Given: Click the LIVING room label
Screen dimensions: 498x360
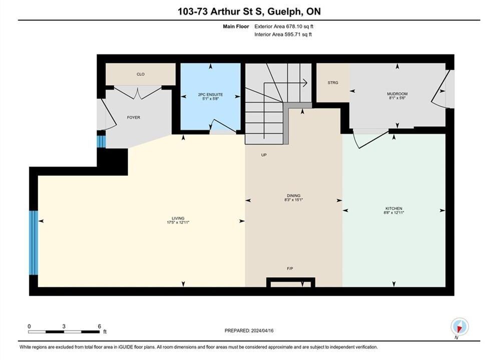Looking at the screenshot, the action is point(178,218).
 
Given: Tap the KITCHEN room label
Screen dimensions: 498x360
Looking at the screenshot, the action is point(394,208).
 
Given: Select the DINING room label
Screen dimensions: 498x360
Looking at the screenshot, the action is point(293,195).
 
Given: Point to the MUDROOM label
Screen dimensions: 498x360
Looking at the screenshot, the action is point(397,94).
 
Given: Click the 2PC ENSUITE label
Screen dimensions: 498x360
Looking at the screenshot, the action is point(210,94).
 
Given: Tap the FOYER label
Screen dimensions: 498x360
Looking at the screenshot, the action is point(134,117).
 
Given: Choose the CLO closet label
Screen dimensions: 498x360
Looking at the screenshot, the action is point(140,74).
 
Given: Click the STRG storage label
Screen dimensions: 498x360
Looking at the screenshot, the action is point(333,82).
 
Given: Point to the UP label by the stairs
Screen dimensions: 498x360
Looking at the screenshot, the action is point(264,155).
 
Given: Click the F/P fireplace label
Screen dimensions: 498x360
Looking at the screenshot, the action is point(290,268).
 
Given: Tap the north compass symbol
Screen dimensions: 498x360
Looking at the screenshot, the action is point(459,326).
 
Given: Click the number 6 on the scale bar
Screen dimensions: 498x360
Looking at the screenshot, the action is point(100,326).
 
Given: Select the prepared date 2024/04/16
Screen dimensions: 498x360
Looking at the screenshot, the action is point(262,330).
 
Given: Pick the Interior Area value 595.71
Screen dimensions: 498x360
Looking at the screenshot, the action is point(291,34).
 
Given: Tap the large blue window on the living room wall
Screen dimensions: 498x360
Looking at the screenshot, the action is point(34,242).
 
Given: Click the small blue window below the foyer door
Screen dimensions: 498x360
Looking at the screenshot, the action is point(101,142).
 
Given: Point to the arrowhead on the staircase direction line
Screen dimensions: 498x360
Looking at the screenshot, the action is point(305,83).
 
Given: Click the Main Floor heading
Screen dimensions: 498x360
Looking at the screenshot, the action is point(236,26).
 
